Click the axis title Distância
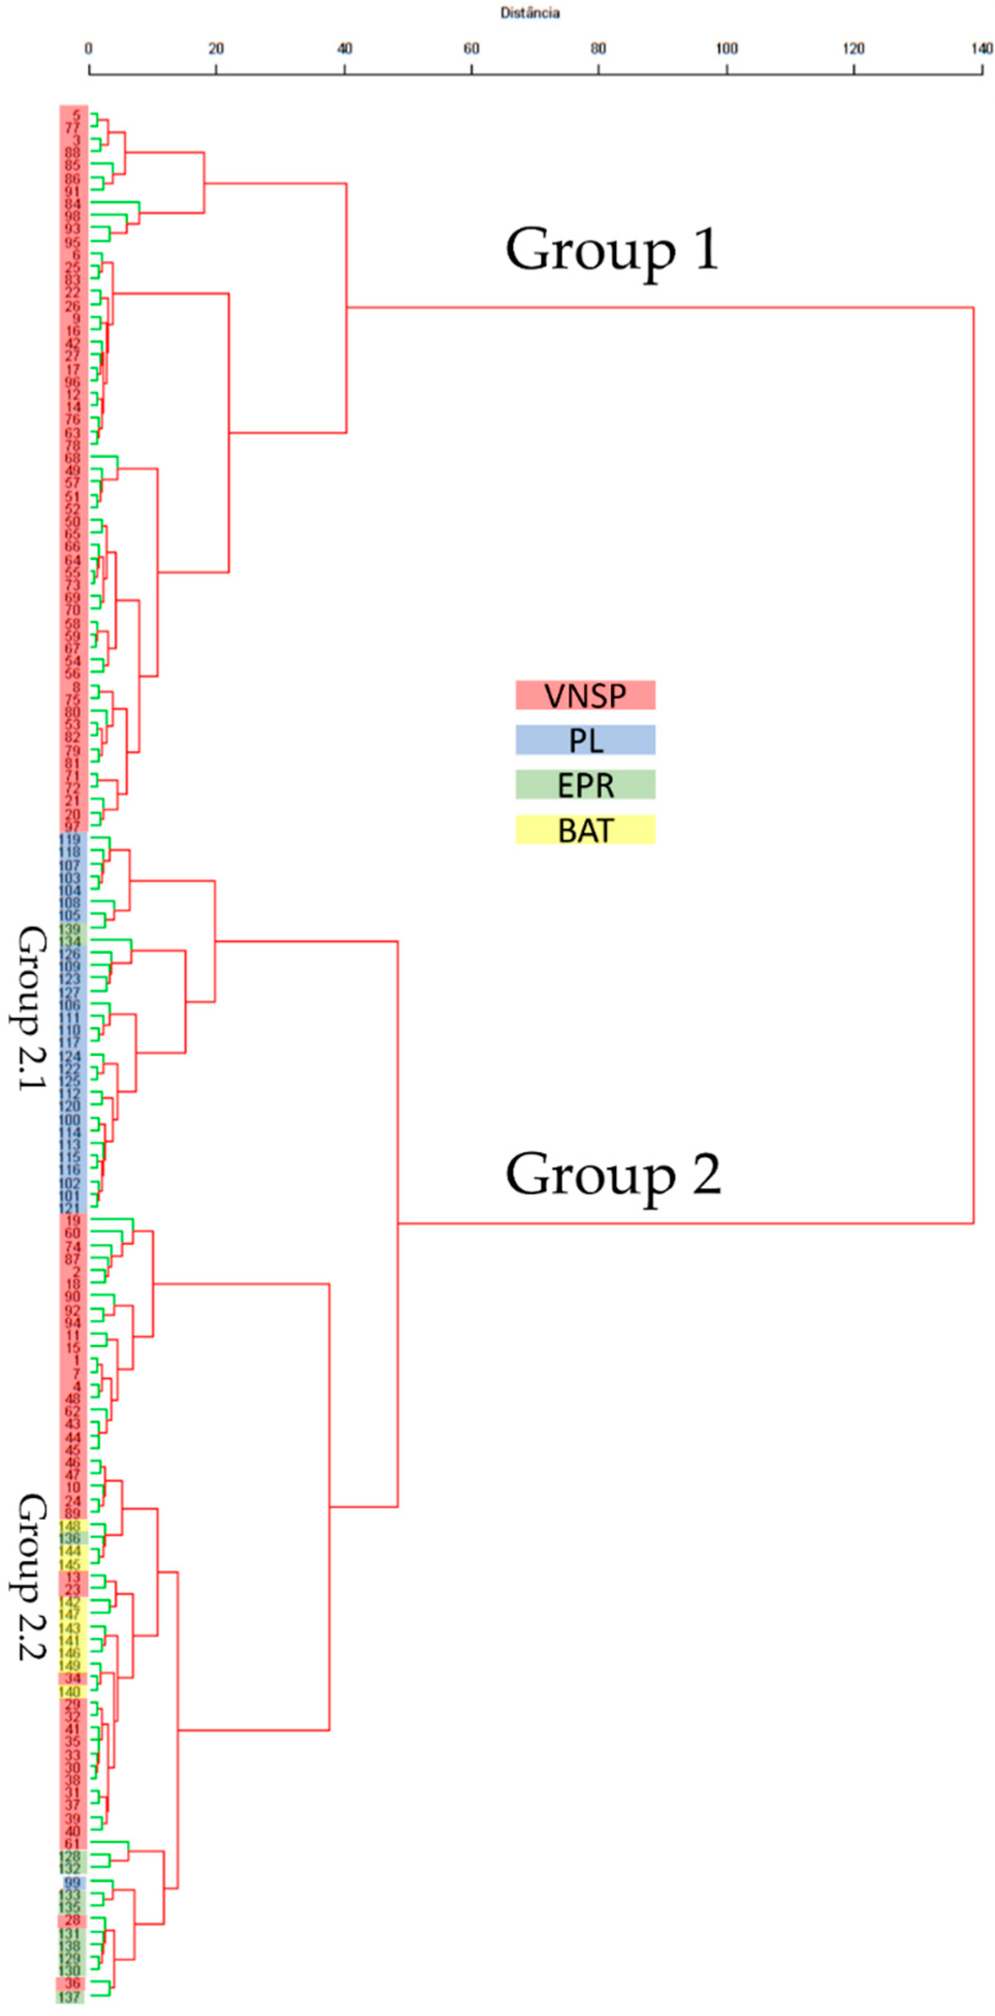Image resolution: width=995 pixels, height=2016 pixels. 530,12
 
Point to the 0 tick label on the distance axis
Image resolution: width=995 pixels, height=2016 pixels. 88,49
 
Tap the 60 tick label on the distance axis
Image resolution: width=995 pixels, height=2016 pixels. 471,49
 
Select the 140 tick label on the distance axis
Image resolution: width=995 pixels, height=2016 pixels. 982,49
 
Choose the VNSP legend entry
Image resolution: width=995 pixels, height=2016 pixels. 585,695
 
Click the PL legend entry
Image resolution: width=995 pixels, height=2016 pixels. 585,740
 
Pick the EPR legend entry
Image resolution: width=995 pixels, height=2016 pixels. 585,784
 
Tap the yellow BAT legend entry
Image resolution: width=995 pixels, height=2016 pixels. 585,829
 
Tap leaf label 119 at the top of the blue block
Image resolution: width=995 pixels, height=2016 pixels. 70,839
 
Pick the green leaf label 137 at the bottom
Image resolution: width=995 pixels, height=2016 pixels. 70,1996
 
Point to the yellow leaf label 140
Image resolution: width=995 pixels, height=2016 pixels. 70,1692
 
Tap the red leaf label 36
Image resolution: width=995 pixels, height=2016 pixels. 72,1983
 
